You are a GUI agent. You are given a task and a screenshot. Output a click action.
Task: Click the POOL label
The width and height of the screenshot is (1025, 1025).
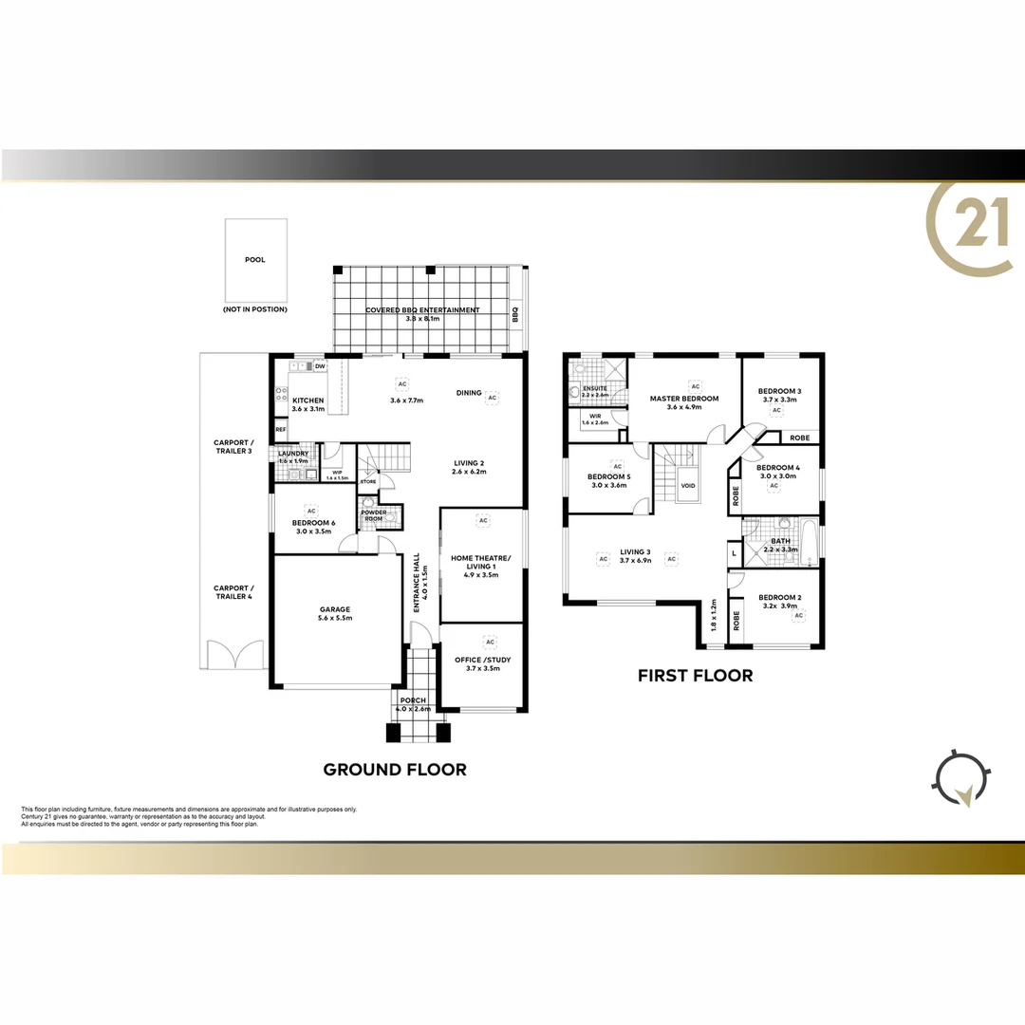tap(254, 259)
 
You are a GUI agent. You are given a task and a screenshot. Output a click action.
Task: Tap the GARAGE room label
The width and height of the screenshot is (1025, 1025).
tap(334, 609)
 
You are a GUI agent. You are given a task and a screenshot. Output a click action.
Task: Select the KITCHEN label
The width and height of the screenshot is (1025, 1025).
tap(307, 401)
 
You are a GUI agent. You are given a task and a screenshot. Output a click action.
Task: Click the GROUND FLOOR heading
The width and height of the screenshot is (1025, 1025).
tap(395, 770)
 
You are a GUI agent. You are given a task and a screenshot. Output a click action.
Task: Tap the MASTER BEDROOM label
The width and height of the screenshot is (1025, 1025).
tap(683, 399)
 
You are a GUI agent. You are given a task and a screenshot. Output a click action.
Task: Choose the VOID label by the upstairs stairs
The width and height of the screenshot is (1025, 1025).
tap(688, 486)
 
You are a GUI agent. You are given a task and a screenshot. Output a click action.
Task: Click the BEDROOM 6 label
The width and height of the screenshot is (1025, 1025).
tap(312, 523)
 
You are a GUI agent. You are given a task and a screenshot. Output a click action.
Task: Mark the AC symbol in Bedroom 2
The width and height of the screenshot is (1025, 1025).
tap(799, 615)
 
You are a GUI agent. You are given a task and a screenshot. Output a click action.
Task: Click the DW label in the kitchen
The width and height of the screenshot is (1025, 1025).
tap(320, 366)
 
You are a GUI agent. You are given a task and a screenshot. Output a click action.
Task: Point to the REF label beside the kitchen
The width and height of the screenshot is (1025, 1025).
tap(281, 430)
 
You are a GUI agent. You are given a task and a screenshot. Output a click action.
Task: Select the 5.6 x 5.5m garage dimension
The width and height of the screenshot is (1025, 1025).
tap(334, 618)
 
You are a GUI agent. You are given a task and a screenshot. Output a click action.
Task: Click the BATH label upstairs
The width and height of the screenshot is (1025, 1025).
tap(781, 541)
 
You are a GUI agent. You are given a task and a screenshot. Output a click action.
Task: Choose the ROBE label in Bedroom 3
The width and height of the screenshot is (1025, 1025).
tap(800, 438)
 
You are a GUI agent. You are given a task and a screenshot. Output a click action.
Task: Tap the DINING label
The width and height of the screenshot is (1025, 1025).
tap(469, 392)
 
